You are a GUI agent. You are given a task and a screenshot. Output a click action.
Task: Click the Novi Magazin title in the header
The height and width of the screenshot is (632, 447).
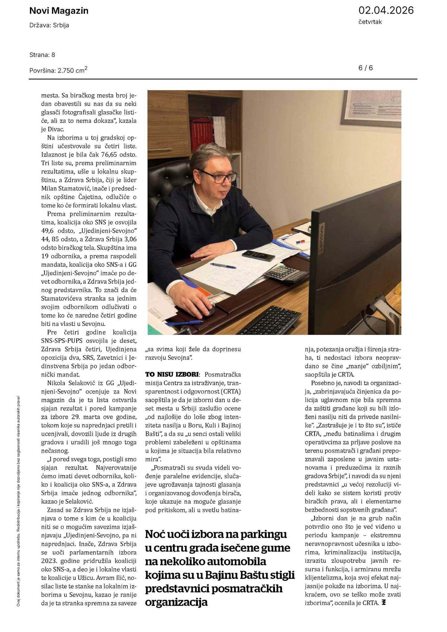click(x=59, y=11)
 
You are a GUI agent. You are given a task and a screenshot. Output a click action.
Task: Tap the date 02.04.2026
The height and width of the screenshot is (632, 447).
click(x=386, y=10)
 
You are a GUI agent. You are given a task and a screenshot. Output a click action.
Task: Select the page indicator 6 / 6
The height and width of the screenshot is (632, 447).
click(x=365, y=68)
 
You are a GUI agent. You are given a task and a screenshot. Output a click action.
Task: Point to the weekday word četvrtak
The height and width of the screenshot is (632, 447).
click(x=370, y=22)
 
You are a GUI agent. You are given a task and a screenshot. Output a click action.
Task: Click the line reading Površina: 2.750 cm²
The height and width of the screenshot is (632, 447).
click(x=58, y=70)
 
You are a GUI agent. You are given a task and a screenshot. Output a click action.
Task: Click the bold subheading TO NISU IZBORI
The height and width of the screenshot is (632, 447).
click(x=172, y=375)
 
